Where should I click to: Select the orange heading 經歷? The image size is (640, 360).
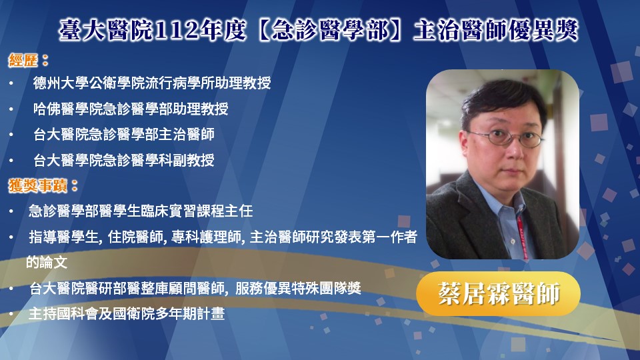23,61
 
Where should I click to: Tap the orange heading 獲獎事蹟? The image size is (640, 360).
38,186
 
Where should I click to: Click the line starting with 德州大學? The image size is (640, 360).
152,83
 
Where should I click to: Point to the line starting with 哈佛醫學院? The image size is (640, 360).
131,109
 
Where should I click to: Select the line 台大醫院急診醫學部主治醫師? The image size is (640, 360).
124,134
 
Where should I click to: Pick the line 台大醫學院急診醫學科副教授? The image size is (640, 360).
124,160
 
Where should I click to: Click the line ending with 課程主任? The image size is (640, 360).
141,211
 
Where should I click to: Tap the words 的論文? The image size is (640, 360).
47,263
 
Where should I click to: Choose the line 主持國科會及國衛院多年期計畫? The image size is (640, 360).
127,314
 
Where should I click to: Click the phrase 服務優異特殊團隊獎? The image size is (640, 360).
298,289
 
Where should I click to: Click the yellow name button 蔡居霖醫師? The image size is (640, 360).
499,293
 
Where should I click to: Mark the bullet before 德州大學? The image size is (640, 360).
11,84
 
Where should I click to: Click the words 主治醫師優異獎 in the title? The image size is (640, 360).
496,31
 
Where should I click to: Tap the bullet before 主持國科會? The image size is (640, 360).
11,314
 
